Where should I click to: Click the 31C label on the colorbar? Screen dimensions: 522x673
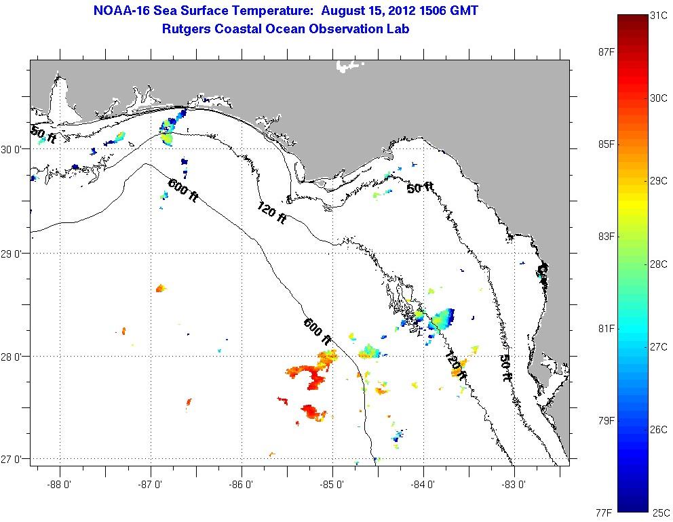(658, 16)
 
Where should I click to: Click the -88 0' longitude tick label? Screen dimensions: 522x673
(60, 485)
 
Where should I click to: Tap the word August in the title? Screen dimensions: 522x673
(344, 10)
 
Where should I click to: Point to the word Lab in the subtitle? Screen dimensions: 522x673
(398, 28)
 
